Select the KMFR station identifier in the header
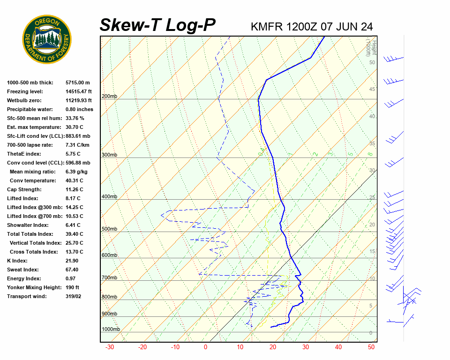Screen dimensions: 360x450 (267, 27)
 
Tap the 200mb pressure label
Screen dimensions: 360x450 (110, 97)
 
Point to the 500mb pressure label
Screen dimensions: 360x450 (110, 229)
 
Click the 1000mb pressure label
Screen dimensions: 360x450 (111, 330)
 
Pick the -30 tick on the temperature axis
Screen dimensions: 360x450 (110, 347)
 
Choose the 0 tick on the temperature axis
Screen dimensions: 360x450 (205, 347)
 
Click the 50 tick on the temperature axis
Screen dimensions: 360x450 (371, 347)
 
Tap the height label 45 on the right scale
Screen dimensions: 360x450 (372, 90)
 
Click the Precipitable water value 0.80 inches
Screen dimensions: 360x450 (79, 109)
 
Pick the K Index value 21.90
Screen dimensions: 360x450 (72, 261)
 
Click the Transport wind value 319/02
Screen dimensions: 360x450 (73, 296)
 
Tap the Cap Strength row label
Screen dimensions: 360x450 (24, 189)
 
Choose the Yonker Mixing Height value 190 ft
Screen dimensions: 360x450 (72, 287)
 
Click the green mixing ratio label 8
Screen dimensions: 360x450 (370, 154)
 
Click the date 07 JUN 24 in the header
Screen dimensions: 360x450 (347, 27)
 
